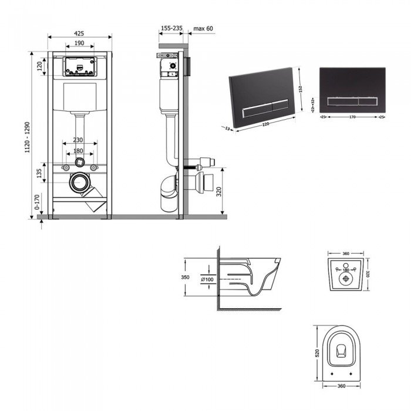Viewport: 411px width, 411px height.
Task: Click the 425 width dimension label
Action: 79,33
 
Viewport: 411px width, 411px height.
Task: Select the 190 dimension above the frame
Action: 79,43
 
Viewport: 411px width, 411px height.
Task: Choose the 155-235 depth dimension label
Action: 171,28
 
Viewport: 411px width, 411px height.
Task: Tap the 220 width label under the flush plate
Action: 268,124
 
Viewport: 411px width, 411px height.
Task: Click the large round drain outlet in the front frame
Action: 78,183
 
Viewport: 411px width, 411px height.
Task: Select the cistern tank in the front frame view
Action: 79,96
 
